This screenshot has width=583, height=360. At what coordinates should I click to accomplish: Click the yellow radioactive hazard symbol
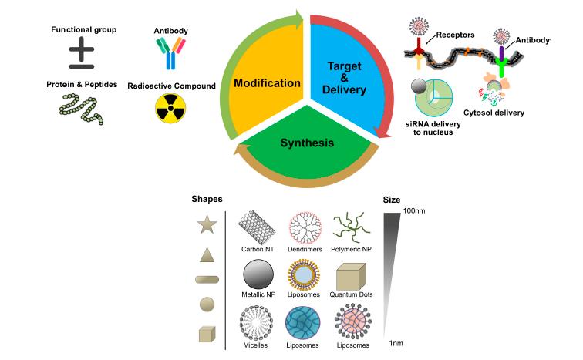pos(170,108)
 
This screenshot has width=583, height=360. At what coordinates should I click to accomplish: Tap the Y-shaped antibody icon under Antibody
pos(170,53)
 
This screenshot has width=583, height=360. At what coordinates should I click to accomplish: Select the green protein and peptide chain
pos(81,109)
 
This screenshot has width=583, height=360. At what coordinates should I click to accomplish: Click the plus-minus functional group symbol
pos(82,52)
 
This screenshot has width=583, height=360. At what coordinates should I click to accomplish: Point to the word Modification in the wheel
pos(267,82)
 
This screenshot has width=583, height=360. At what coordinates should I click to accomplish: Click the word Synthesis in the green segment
pos(307,143)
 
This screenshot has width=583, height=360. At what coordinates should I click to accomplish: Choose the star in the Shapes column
pos(207,224)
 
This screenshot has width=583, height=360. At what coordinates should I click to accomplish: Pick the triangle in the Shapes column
pos(207,255)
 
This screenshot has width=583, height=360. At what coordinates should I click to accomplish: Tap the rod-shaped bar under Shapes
pos(207,279)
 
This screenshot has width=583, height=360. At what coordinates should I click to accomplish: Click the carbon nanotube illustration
pos(257,227)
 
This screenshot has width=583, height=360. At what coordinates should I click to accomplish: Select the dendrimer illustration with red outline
pos(305,227)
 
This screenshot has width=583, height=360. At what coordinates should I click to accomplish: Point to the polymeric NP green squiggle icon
pos(352,227)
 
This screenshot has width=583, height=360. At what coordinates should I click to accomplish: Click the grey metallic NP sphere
pos(258,274)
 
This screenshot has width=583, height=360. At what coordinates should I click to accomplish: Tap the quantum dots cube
pos(351,277)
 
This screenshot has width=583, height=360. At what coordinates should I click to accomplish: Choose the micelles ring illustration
pos(256,323)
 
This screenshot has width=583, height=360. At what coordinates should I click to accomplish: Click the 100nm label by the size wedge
pos(414,210)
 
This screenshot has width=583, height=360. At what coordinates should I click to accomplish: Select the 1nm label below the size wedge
pos(396,343)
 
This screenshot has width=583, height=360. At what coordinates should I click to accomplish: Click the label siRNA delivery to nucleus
pos(433,128)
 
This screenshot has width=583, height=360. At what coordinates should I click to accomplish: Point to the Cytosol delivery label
pos(494,113)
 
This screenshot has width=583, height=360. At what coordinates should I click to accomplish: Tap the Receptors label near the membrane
pos(455,35)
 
